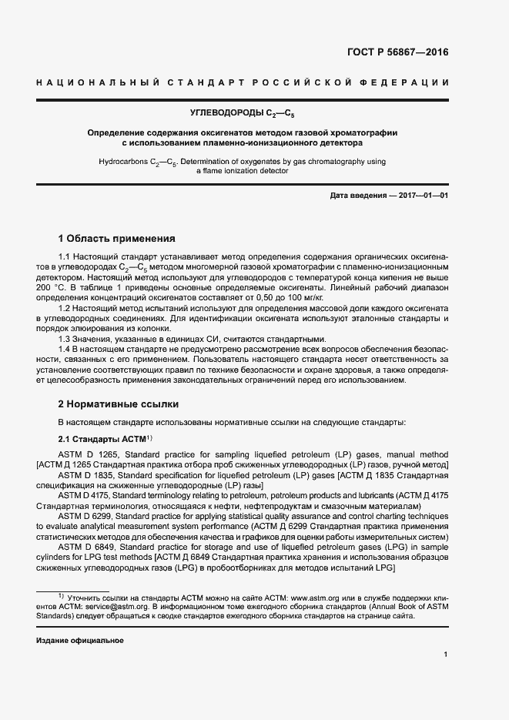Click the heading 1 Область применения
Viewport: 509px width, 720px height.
tap(117, 238)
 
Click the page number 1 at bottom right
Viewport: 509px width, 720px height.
tap(446, 655)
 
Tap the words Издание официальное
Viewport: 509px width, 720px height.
tap(80, 641)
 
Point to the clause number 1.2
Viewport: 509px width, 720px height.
tap(65, 307)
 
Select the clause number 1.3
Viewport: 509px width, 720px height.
tap(65, 340)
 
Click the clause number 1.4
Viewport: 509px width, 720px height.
tap(65, 350)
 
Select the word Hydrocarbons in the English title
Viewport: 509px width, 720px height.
tap(124, 162)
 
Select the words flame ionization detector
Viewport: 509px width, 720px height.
tap(247, 172)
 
